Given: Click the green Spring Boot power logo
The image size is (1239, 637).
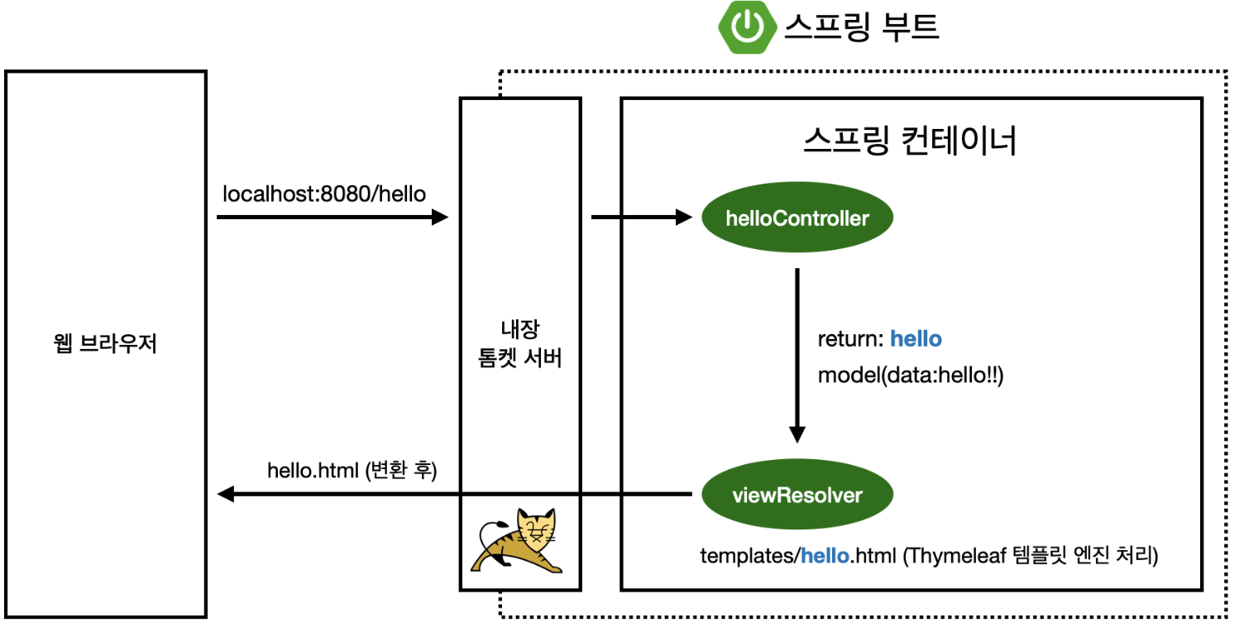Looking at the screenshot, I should (747, 26).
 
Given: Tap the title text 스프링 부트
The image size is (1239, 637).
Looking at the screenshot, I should (861, 27).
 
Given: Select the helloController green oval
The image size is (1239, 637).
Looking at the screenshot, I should (797, 218).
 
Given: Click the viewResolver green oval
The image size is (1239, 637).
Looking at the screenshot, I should (797, 496).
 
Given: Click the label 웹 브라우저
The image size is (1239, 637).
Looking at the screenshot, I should (105, 345).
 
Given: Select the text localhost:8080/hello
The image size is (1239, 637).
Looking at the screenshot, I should (324, 195).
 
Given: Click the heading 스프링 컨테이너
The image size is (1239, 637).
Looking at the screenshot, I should (910, 142).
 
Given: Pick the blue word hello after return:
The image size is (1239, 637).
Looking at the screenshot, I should (916, 338).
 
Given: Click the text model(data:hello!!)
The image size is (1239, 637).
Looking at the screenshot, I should (910, 376).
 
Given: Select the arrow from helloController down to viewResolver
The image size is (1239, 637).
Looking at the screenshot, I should (797, 356).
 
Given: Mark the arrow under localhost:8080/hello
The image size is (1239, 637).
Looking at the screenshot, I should (331, 218).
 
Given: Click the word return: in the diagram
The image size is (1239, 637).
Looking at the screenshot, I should (851, 338).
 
